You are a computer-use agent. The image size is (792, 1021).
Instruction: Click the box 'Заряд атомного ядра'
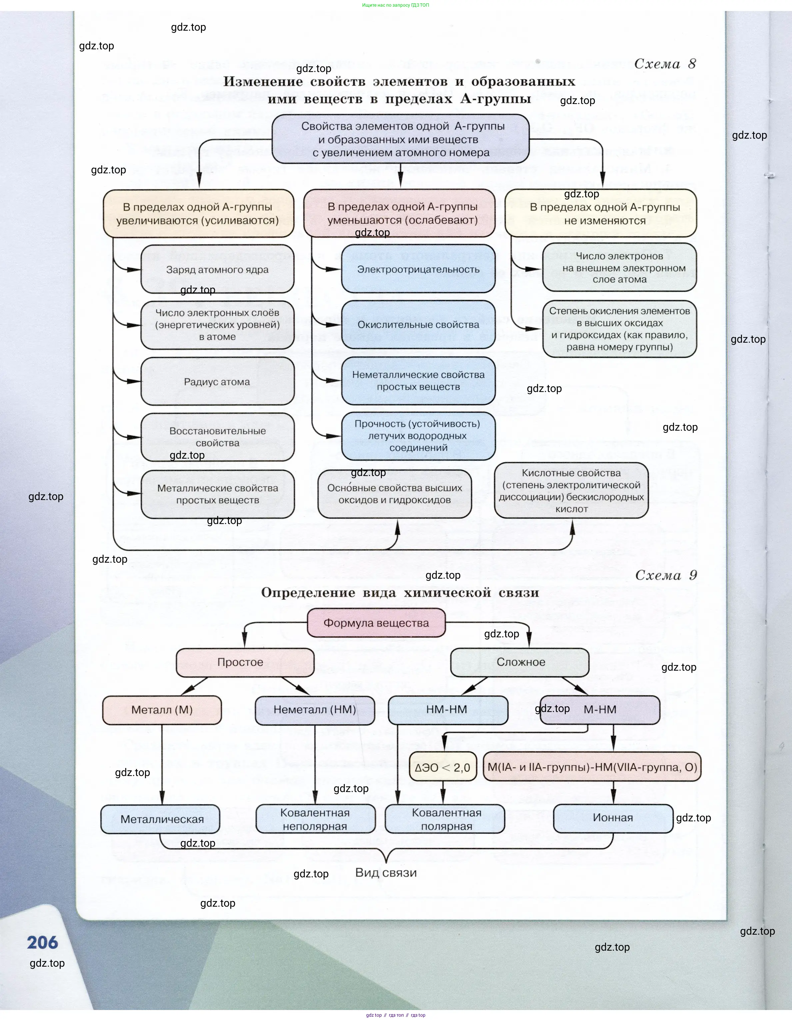[217, 269]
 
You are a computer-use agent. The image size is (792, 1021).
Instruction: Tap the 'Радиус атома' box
[217, 381]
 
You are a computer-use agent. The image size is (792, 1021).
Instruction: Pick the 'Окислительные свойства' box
[418, 324]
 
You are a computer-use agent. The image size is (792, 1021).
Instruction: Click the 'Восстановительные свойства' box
[217, 437]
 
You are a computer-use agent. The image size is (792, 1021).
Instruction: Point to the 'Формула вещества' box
[376, 623]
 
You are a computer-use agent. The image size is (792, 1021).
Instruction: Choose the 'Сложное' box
[519, 662]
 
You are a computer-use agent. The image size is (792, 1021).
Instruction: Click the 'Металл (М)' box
[162, 710]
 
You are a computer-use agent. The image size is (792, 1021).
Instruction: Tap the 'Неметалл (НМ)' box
[315, 710]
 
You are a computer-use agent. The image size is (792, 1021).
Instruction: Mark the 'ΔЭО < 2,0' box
[442, 767]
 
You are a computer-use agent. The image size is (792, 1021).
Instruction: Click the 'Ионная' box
[613, 818]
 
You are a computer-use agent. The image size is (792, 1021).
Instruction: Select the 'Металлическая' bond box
[160, 819]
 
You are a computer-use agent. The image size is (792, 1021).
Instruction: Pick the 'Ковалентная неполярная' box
[316, 819]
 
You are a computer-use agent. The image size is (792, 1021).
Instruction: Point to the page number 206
[43, 942]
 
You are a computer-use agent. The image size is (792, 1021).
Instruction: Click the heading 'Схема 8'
[665, 64]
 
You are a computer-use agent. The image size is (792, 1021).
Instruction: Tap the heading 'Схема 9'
[666, 575]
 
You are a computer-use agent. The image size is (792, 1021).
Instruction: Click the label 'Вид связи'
[386, 872]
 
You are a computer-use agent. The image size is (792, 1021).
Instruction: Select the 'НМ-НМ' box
[447, 710]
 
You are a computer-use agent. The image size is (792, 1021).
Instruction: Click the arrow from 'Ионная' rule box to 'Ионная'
[613, 793]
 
